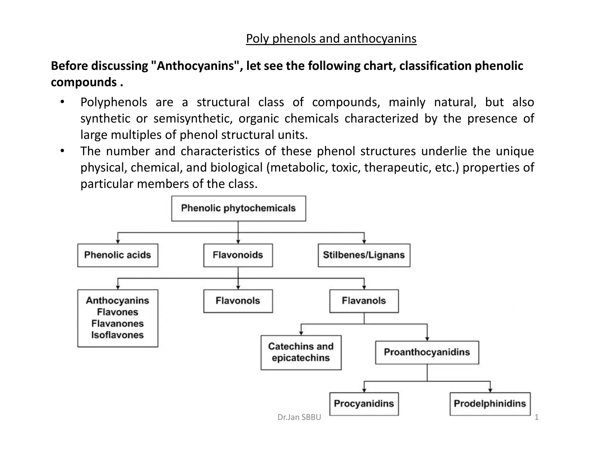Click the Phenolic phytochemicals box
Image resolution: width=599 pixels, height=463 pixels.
[238, 208]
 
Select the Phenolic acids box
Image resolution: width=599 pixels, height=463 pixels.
[118, 255]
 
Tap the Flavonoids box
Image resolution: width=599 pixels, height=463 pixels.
[238, 255]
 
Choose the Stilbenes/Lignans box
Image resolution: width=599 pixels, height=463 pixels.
[364, 255]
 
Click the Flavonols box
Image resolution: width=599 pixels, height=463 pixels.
[238, 301]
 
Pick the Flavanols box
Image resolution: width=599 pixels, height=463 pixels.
[364, 301]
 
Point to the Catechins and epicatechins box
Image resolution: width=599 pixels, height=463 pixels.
[301, 352]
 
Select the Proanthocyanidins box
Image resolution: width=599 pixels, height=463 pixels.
[427, 352]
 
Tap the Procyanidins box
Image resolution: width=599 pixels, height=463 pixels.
[364, 404]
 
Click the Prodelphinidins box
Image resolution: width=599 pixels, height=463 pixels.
[490, 404]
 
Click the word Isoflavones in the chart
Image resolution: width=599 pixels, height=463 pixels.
[118, 335]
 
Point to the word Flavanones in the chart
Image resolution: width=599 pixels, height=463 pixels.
[118, 324]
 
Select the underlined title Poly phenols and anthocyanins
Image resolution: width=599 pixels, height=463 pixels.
[331, 39]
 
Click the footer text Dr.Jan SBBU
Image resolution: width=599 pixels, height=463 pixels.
[299, 417]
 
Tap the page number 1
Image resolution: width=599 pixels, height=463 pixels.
[536, 417]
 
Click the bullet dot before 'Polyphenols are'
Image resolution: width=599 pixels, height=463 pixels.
[62, 102]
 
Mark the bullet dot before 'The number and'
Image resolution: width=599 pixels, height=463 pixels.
[62, 151]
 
